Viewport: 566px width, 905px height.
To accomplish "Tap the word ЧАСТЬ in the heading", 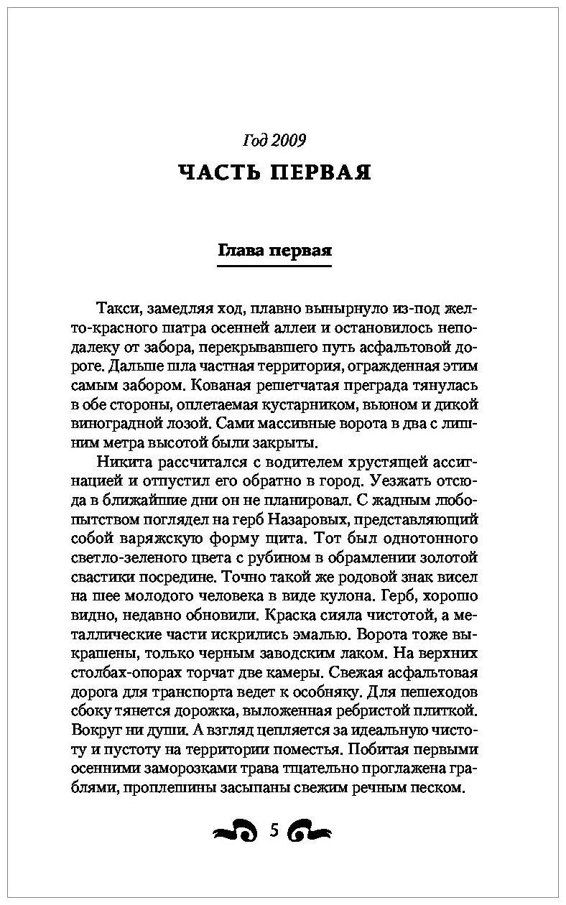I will tap(218, 172).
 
